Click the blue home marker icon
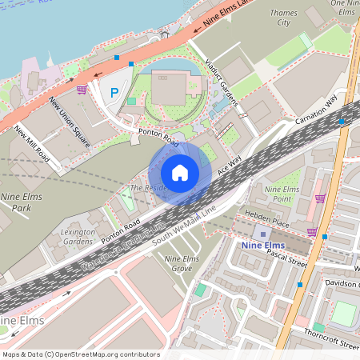[180, 173]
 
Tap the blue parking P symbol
[114, 94]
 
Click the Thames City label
[284, 18]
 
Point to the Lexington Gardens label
[78, 236]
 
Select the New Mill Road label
[32, 144]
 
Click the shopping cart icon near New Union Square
[82, 90]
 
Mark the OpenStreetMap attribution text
[81, 354]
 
